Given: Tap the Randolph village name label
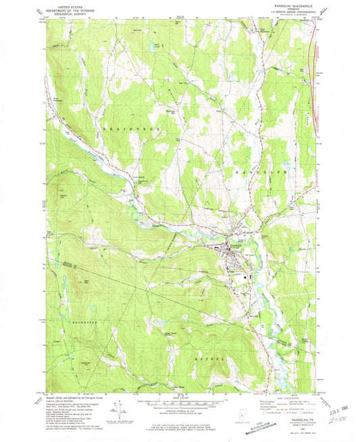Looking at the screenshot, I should (233, 244).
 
